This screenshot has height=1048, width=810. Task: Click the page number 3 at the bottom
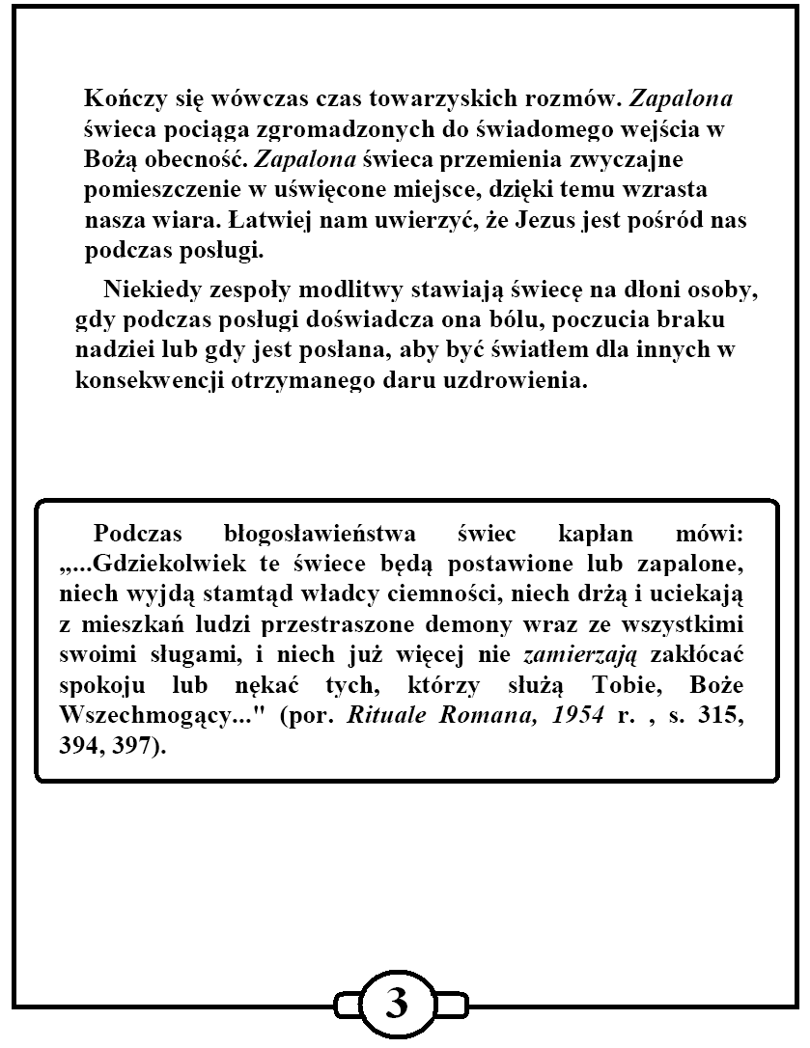tap(397, 1005)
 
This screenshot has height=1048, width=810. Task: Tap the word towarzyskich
tap(387, 99)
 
